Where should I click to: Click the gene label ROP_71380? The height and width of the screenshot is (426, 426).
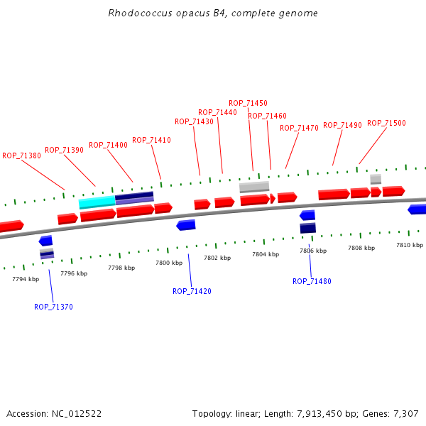21,155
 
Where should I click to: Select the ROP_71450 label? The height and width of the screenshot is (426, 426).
248,104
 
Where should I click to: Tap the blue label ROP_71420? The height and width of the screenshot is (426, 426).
192,291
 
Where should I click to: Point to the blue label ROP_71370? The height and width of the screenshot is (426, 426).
53,307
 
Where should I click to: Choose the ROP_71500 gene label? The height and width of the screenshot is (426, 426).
386,124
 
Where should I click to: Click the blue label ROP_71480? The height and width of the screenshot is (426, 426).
312,281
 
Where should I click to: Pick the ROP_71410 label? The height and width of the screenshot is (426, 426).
151,141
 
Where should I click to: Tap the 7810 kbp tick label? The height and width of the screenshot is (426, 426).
409,245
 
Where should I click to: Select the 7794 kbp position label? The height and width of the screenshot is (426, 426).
26,279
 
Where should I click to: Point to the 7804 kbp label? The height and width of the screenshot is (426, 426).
266,254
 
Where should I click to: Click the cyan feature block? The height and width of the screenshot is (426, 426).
97,202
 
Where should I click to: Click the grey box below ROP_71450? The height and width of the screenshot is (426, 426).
254,187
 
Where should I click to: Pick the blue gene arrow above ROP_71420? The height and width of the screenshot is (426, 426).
186,225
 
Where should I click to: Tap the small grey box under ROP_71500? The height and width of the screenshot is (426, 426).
376,178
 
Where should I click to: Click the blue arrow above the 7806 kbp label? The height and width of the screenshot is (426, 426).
307,215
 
